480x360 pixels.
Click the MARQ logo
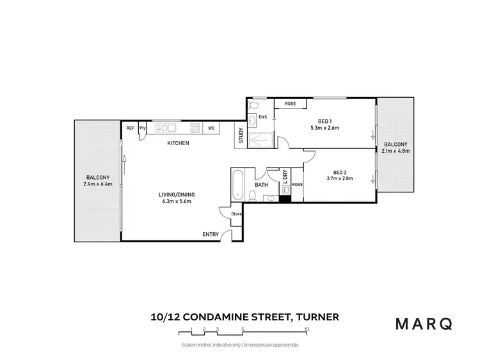(424, 324)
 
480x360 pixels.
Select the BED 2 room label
(339, 171)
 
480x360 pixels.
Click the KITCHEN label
(178, 143)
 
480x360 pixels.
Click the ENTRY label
(211, 235)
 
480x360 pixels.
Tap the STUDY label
(241, 136)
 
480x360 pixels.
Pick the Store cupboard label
(236, 214)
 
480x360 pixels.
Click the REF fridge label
(130, 128)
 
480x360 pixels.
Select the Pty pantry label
(143, 128)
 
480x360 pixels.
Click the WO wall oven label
(211, 128)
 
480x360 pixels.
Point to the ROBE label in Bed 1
(290, 103)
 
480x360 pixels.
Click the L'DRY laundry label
(285, 176)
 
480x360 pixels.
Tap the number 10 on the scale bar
(308, 330)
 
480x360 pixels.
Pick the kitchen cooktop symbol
(195, 128)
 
